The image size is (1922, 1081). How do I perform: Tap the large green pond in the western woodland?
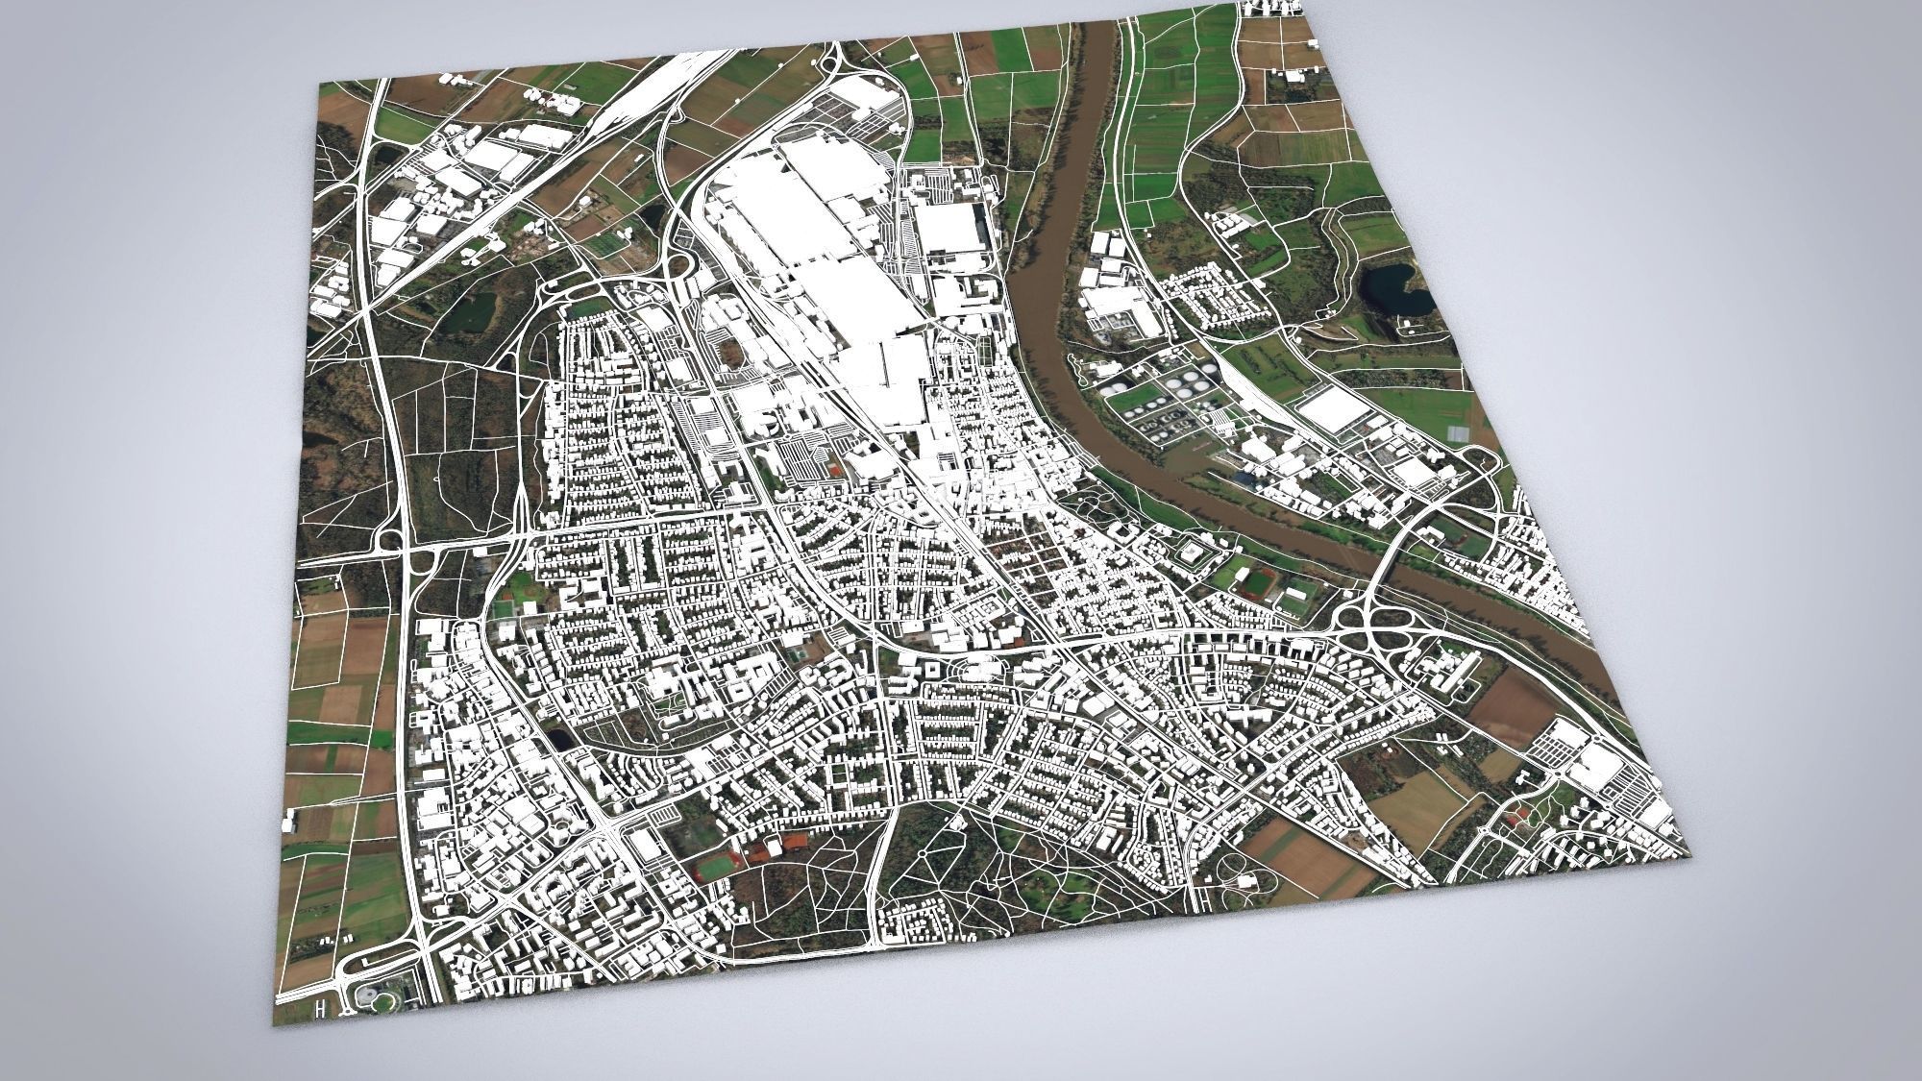tap(470, 311)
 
